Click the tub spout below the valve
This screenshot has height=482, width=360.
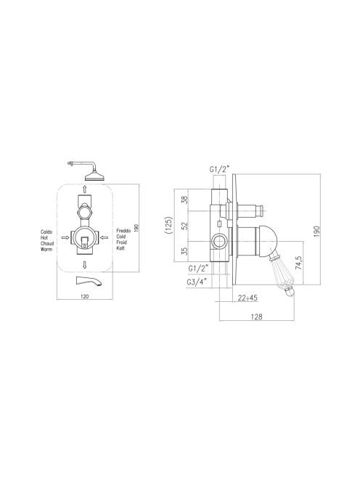pyautogui.click(x=89, y=281)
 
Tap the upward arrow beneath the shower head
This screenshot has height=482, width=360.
pyautogui.click(x=85, y=188)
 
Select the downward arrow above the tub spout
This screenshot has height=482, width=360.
pyautogui.click(x=85, y=264)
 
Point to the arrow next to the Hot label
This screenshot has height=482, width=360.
pyautogui.click(x=65, y=237)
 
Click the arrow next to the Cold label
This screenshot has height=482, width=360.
pyautogui.click(x=105, y=237)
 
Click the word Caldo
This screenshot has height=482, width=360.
pyautogui.click(x=46, y=232)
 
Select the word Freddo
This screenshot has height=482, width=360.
pyautogui.click(x=123, y=231)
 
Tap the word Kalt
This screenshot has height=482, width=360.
pyautogui.click(x=120, y=248)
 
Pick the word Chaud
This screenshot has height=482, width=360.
pyautogui.click(x=47, y=243)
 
